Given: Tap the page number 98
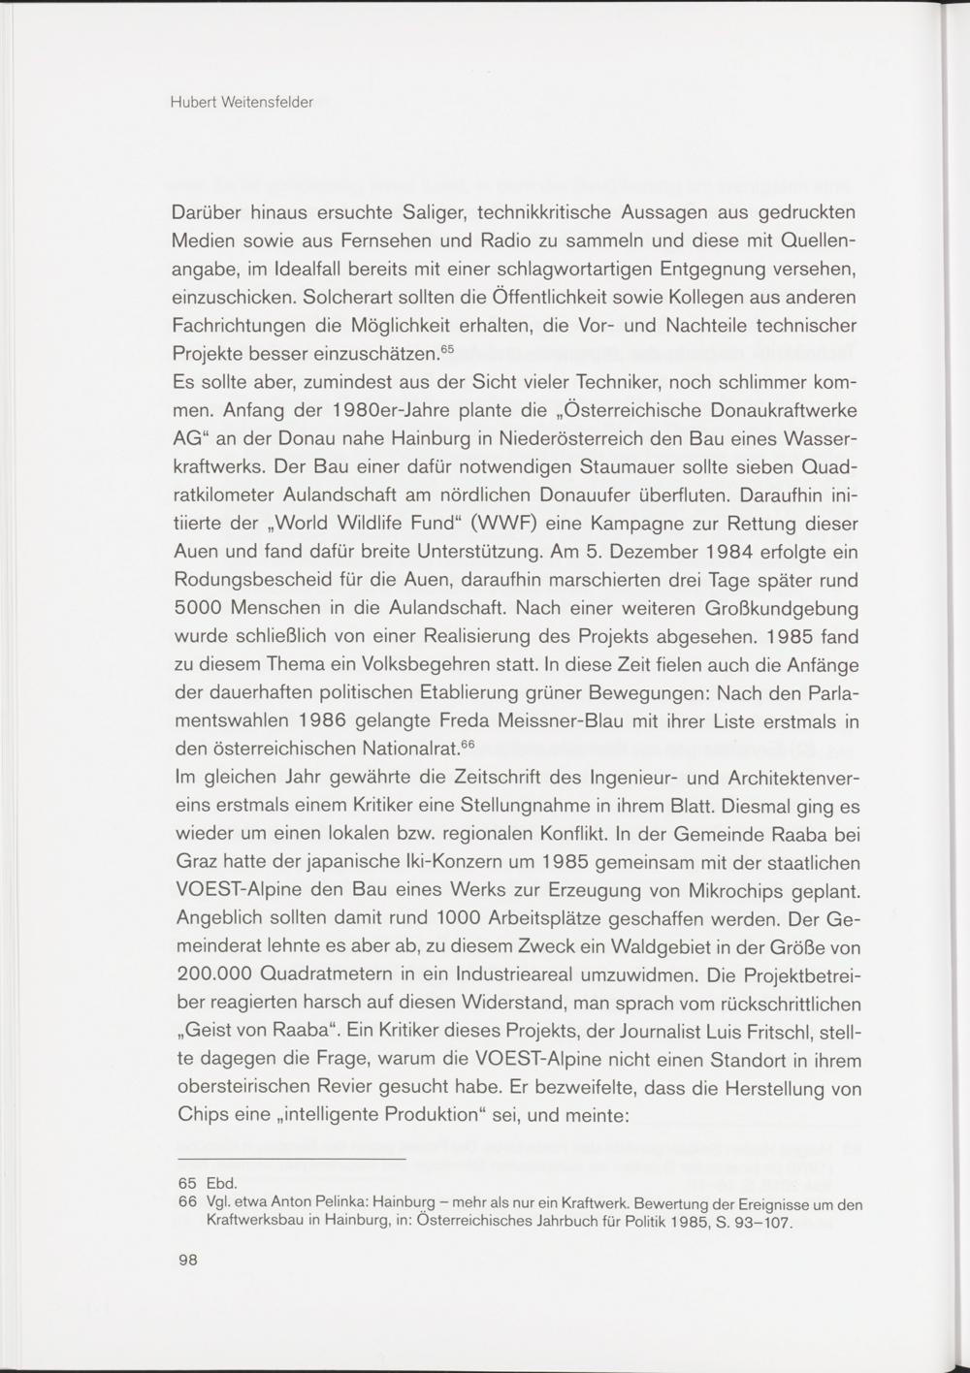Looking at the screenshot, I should [188, 1260].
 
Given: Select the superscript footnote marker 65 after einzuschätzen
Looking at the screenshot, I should [447, 346].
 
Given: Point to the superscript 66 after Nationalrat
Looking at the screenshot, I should [467, 744].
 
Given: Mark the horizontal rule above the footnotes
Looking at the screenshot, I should [293, 1160].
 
